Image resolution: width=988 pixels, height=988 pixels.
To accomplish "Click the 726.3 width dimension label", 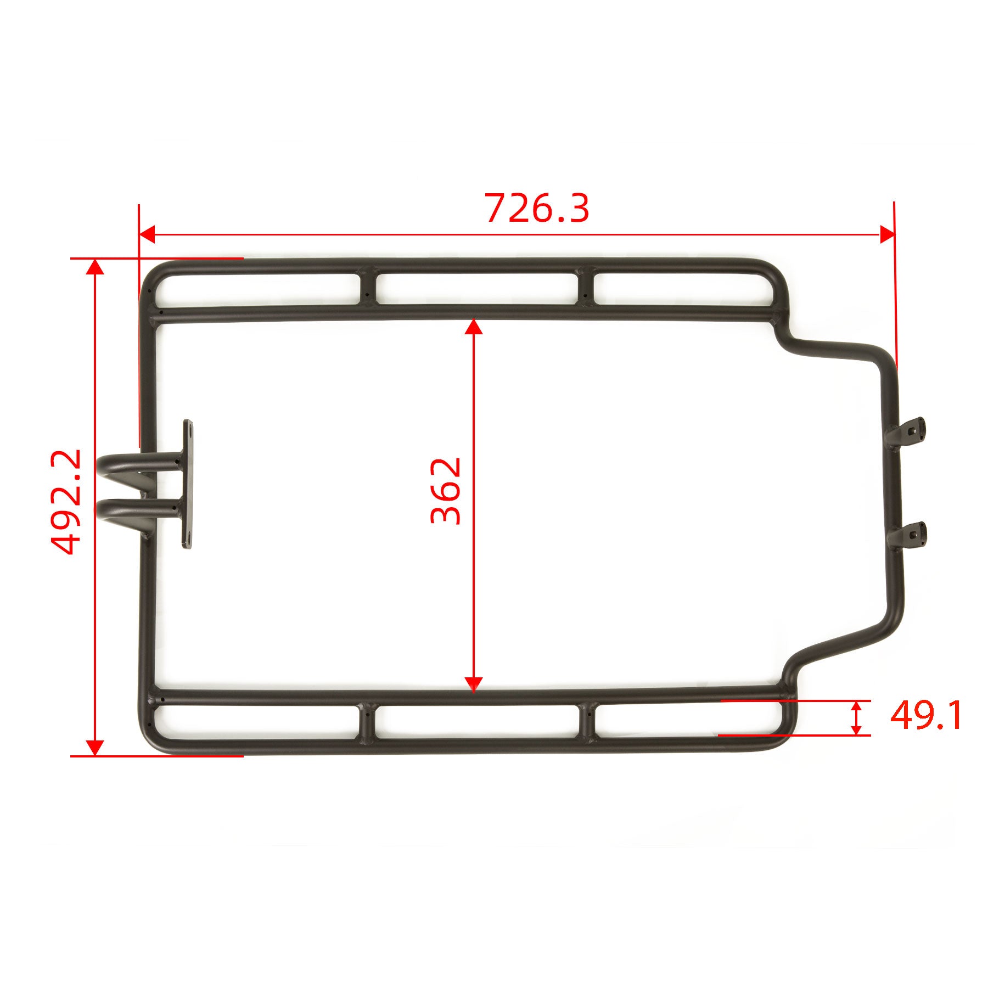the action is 537,209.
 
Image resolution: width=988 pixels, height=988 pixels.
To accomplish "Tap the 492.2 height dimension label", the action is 66,502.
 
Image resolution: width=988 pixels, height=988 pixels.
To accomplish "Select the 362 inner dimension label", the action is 446,491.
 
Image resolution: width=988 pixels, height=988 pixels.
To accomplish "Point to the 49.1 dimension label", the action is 926,716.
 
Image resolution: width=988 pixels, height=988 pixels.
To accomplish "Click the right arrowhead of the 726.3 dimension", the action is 887,234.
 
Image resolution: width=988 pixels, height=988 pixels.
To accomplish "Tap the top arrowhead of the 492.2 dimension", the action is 96,266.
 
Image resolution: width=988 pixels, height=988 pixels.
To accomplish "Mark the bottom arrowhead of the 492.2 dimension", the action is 96,748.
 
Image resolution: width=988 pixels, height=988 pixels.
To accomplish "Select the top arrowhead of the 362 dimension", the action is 473,327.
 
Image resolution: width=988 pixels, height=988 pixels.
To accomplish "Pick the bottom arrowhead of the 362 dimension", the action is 473,684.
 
